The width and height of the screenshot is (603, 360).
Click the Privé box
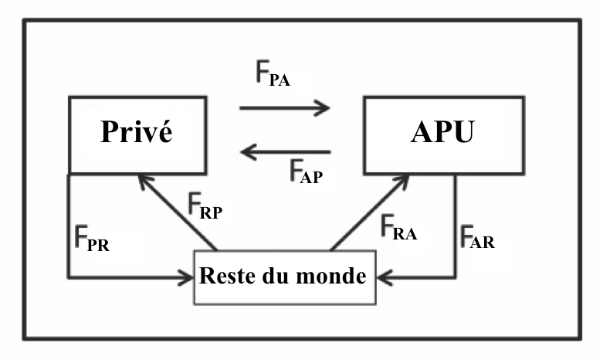[x=137, y=135]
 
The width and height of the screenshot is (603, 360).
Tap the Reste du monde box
[x=283, y=277]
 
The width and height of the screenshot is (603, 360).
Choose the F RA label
[x=398, y=229]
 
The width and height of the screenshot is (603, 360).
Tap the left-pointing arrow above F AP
[x=286, y=153]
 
